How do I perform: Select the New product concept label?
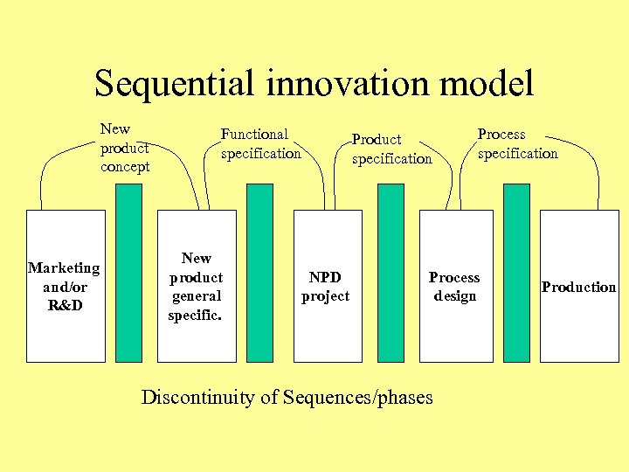click(125, 148)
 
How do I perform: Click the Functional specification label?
click(260, 143)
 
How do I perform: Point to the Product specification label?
click(391, 149)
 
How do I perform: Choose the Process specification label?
click(517, 143)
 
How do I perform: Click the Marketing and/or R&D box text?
click(65, 286)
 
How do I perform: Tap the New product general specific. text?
click(196, 286)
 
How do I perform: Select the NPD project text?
click(325, 287)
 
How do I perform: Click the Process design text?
click(454, 287)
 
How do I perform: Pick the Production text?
click(578, 287)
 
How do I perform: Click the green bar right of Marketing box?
click(128, 272)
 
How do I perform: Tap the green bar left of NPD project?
click(259, 272)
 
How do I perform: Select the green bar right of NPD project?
click(391, 272)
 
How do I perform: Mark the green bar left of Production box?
click(516, 272)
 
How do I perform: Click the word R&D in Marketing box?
click(65, 305)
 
